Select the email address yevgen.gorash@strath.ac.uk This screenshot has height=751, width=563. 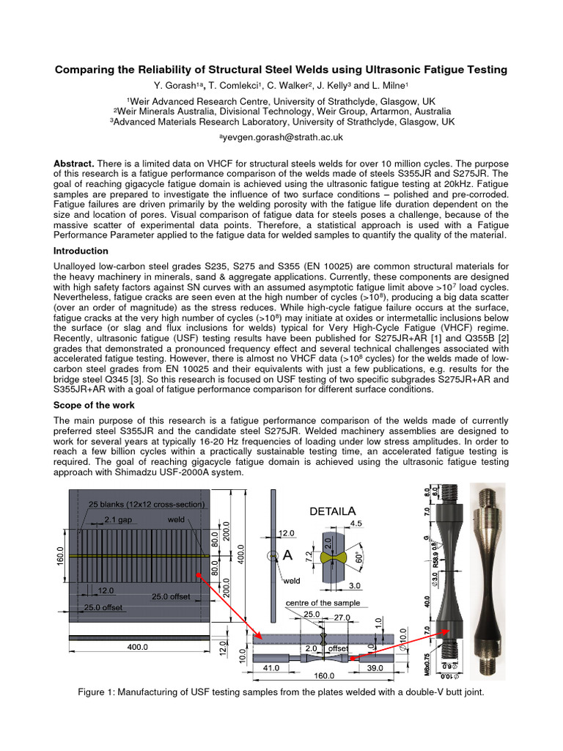(x=281, y=137)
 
